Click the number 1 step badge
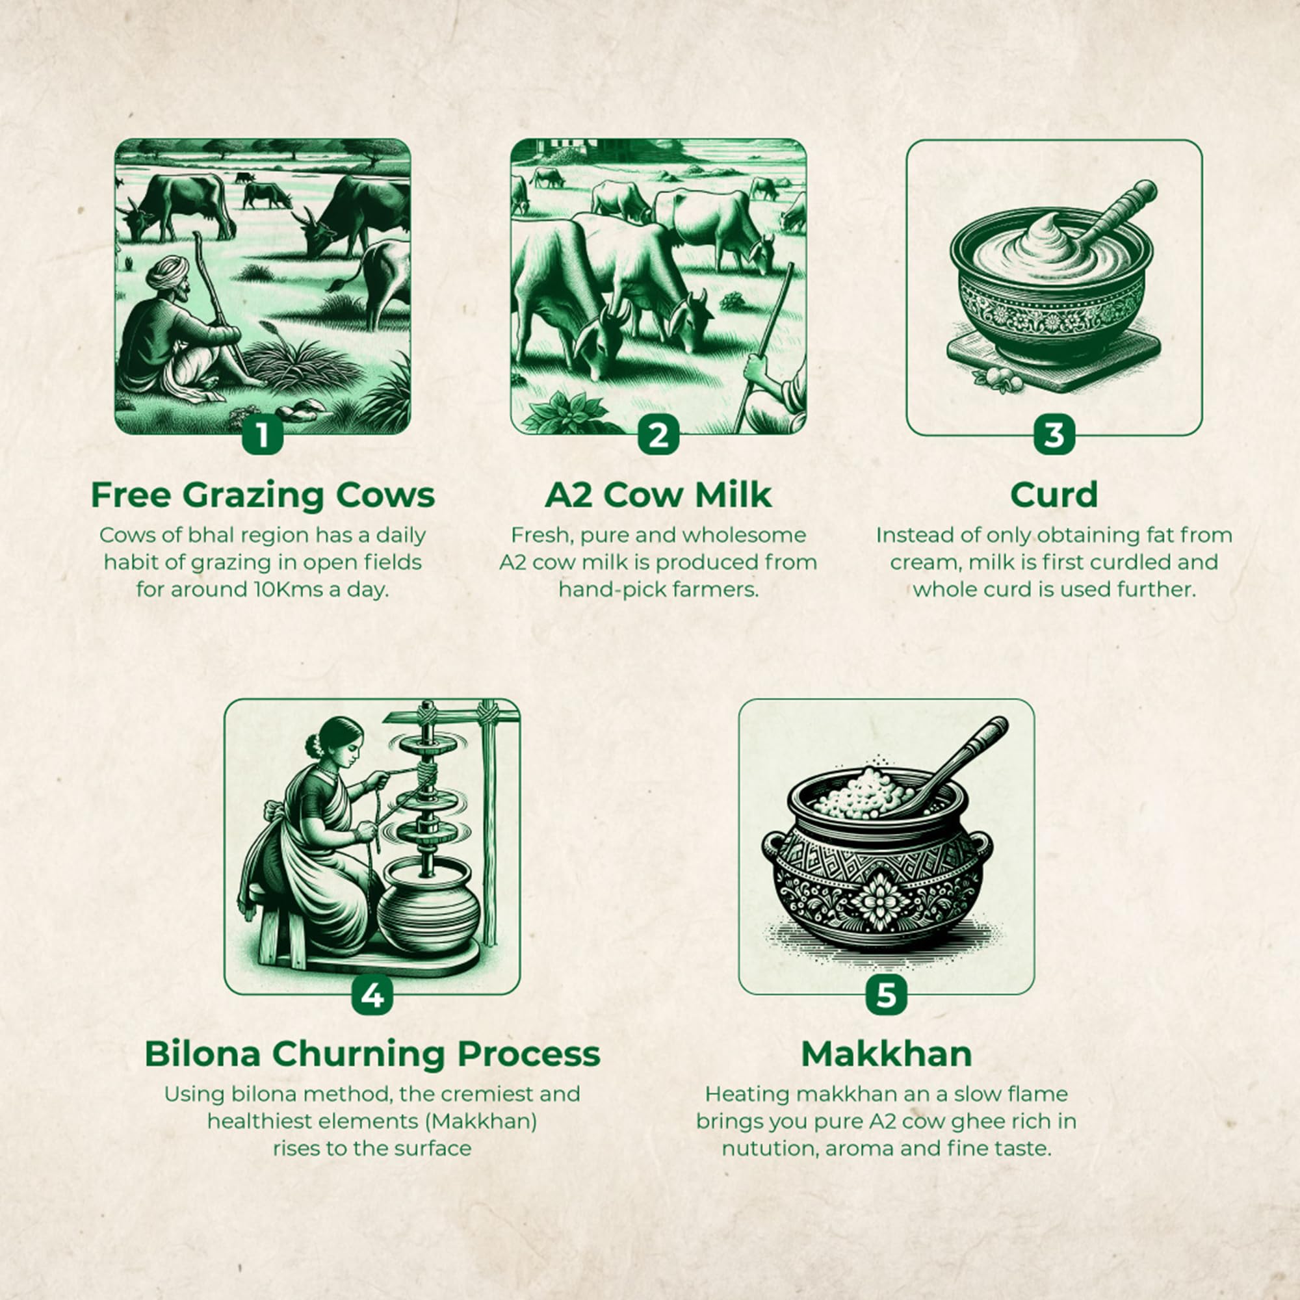click(263, 435)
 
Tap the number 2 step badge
click(658, 435)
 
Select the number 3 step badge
click(1054, 435)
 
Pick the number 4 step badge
click(372, 994)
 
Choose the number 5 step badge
click(886, 994)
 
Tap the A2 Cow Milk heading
click(658, 495)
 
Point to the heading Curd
click(1054, 495)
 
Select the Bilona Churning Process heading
click(372, 1054)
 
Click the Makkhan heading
click(886, 1054)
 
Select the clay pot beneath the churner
click(428, 905)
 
